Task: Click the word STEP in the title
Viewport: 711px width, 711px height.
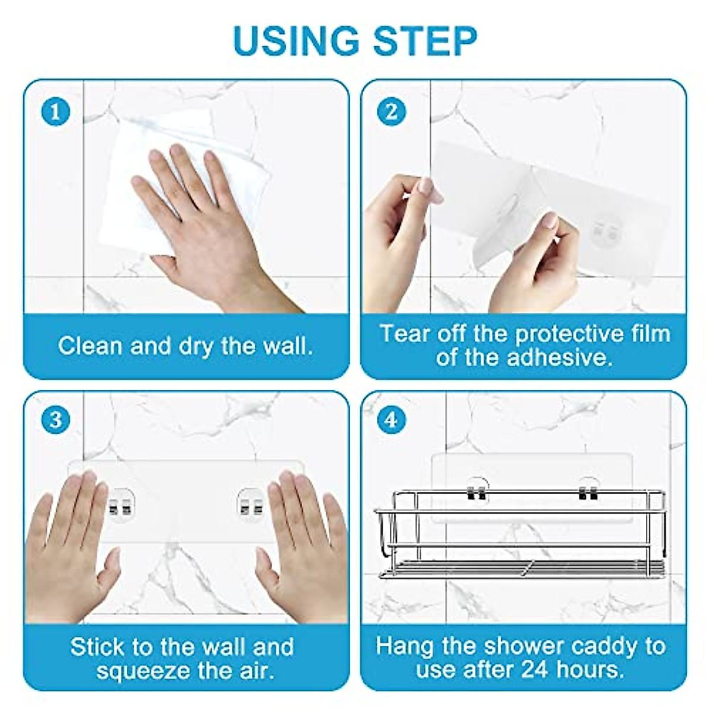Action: pyautogui.click(x=425, y=41)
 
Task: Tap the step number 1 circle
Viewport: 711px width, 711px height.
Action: pyautogui.click(x=55, y=112)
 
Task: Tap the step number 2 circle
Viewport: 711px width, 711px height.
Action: pyautogui.click(x=392, y=112)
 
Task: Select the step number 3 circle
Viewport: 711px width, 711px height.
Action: pyautogui.click(x=55, y=419)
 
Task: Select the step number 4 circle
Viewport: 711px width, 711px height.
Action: pyautogui.click(x=392, y=419)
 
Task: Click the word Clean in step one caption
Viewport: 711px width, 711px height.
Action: pyautogui.click(x=89, y=345)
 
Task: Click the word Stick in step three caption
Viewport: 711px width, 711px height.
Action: pyautogui.click(x=97, y=646)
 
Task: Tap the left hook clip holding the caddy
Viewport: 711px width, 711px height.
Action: pyautogui.click(x=477, y=492)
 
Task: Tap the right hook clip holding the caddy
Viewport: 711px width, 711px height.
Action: pyautogui.click(x=588, y=492)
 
